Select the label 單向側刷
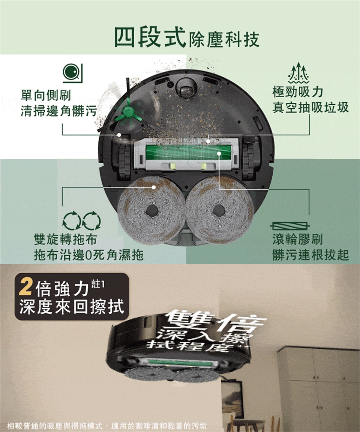tap(46, 95)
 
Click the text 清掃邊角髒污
tap(58, 111)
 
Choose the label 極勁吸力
tap(297, 92)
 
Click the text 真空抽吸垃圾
tap(310, 108)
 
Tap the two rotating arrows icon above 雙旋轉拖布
tap(82, 220)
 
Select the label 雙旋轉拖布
tap(65, 238)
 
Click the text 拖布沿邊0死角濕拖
tap(89, 255)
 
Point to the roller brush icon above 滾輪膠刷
tap(289, 226)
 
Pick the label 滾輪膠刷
tap(297, 239)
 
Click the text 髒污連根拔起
tap(310, 255)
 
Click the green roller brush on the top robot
tap(188, 152)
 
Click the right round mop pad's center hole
tap(219, 210)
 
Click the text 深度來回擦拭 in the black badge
tap(72, 306)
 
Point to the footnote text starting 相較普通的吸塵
tap(107, 426)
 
